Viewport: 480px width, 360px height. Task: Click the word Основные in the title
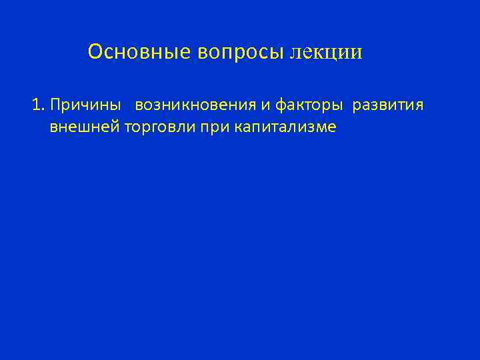[x=139, y=52]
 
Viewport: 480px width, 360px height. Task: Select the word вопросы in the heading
[x=241, y=52]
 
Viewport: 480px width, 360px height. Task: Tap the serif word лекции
[x=327, y=52]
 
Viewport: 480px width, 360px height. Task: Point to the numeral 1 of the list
[x=36, y=105]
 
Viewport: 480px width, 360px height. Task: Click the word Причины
[x=85, y=105]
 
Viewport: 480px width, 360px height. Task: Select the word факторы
[x=304, y=106]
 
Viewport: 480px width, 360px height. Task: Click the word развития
[x=388, y=105]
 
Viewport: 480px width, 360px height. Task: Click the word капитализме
[x=285, y=127]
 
